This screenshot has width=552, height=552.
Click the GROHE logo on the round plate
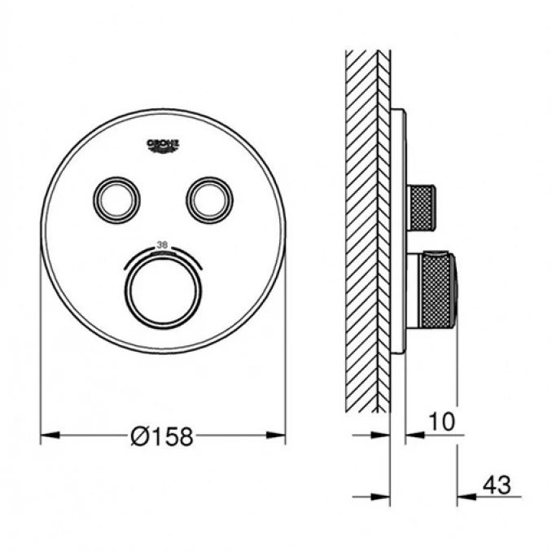[x=163, y=144]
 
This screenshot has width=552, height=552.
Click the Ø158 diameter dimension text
[x=163, y=437]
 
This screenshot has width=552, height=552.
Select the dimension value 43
[x=496, y=486]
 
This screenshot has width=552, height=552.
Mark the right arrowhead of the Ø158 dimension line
[x=279, y=436]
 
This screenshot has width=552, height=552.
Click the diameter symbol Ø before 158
[x=138, y=437]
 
